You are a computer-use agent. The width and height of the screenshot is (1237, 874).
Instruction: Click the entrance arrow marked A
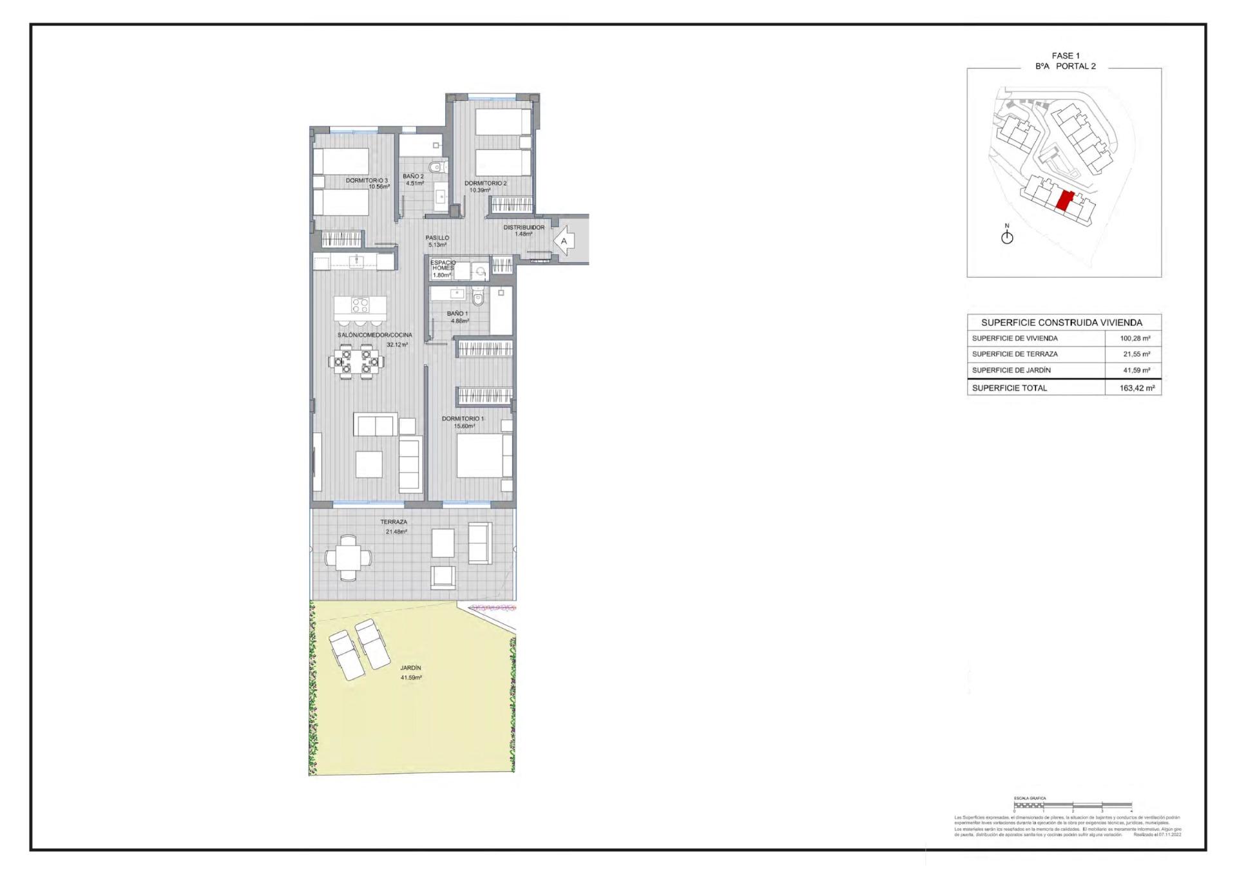tap(563, 241)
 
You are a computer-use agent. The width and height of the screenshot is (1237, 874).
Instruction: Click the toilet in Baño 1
tap(477, 298)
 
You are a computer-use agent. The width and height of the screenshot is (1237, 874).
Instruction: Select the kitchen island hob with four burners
tap(360, 305)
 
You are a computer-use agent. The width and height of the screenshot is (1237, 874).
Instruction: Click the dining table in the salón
tap(356, 361)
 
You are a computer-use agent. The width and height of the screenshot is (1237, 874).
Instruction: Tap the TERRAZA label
tap(394, 522)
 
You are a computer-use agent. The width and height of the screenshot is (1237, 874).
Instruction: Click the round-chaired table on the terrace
tap(348, 558)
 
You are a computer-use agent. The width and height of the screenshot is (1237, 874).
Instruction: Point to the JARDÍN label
tap(410, 668)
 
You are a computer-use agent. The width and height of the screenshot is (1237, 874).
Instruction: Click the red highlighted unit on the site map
tap(1064, 202)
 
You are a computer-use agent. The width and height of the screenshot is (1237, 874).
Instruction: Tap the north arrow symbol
tap(1007, 236)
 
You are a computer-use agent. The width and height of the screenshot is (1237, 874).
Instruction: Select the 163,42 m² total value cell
tap(1136, 388)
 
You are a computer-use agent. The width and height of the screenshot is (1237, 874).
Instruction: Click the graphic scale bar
tap(1072, 805)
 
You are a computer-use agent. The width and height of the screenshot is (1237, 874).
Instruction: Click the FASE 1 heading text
tap(1065, 56)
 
